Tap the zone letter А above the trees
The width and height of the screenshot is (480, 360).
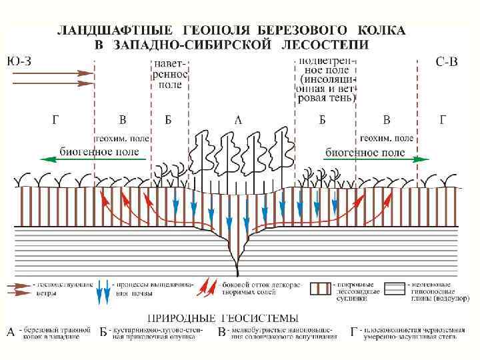point(238,121)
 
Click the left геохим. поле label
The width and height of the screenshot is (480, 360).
point(122,139)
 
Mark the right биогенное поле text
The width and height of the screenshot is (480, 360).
point(365,152)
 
